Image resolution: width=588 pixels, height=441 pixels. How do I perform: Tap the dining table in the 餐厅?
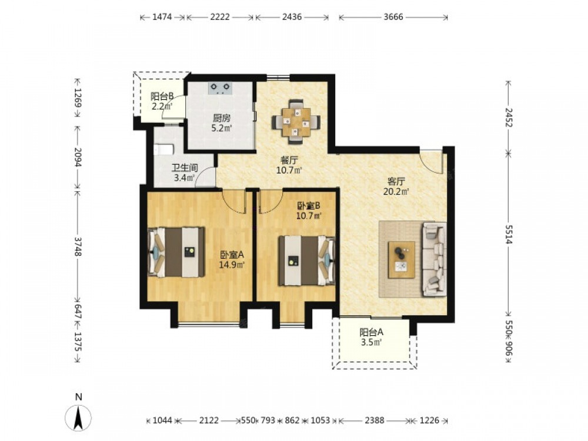coord(296,122)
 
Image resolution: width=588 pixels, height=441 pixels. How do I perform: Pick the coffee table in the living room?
coord(402,259)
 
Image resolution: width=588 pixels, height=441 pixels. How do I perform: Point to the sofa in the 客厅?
coord(435,259)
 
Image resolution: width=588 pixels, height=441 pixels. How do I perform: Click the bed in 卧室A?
coord(176,252)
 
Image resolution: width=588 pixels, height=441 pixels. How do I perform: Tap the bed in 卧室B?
coord(307,260)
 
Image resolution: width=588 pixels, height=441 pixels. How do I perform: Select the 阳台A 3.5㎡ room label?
coord(371,337)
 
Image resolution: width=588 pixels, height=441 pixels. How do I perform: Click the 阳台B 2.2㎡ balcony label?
coord(162,101)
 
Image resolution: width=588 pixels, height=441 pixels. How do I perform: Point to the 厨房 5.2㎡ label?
coord(222,123)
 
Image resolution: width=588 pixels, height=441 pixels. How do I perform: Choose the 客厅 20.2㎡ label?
coord(396,187)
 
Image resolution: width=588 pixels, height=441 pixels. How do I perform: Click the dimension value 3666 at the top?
coord(393,17)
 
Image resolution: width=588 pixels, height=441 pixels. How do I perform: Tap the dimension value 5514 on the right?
coord(509,235)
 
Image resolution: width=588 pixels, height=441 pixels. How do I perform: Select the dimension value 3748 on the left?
coord(78,246)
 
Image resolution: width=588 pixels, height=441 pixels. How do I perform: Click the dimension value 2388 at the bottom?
coord(375,420)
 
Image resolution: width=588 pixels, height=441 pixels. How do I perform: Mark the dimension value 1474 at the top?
coord(162,17)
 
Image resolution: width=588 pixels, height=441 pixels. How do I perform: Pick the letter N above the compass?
coord(78,397)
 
